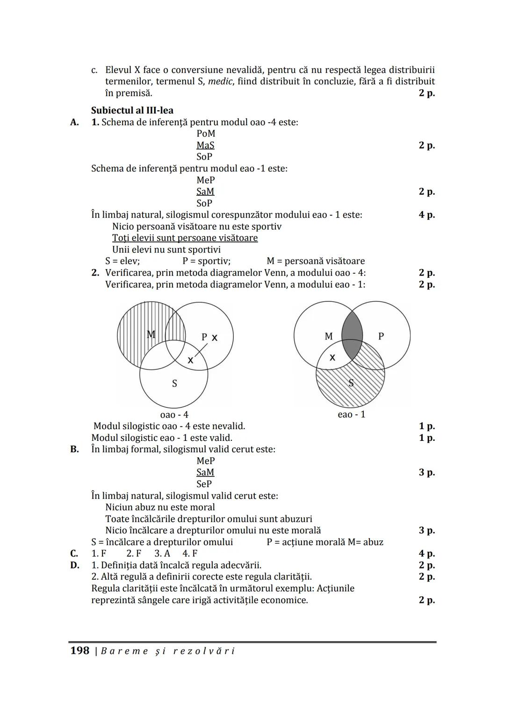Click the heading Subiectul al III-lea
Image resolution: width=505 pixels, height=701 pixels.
132,111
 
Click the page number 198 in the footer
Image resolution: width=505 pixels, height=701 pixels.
79,651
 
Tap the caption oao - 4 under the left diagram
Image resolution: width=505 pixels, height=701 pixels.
174,415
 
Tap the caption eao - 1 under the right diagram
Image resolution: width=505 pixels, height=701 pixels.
351,415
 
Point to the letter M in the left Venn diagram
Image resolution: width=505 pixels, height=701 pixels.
151,334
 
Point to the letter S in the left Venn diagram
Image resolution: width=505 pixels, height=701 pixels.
174,384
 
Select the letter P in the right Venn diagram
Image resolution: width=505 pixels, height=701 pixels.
381,336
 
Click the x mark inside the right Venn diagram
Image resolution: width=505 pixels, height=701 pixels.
332,358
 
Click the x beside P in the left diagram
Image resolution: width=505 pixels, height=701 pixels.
215,338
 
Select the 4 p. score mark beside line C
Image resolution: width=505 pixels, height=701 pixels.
426,553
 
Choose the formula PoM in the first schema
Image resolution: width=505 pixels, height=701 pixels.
206,134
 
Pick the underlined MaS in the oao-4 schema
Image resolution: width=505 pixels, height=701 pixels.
205,145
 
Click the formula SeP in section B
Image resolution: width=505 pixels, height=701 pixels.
204,484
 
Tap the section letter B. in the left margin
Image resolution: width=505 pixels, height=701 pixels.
74,449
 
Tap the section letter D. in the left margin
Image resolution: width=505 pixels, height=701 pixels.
74,565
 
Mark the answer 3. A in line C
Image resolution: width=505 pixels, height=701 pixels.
162,553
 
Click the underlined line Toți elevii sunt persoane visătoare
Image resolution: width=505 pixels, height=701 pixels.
185,238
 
